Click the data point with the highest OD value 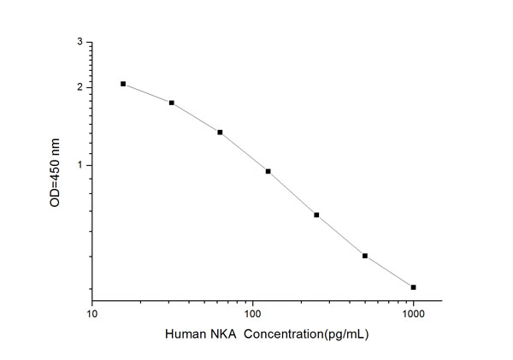pyautogui.click(x=123, y=84)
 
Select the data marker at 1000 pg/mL pyautogui.click(x=413, y=287)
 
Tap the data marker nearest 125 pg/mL pyautogui.click(x=268, y=171)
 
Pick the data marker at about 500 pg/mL pyautogui.click(x=365, y=256)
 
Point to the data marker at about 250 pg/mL pyautogui.click(x=316, y=215)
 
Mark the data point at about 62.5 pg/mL pyautogui.click(x=220, y=133)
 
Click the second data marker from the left pyautogui.click(x=172, y=103)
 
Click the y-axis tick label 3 pyautogui.click(x=80, y=41)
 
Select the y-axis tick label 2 pyautogui.click(x=80, y=87)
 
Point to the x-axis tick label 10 pyautogui.click(x=91, y=314)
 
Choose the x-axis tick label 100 pyautogui.click(x=252, y=314)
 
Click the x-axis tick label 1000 pyautogui.click(x=414, y=314)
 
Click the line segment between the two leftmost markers pyautogui.click(x=147, y=93)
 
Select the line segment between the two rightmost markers pyautogui.click(x=389, y=272)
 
